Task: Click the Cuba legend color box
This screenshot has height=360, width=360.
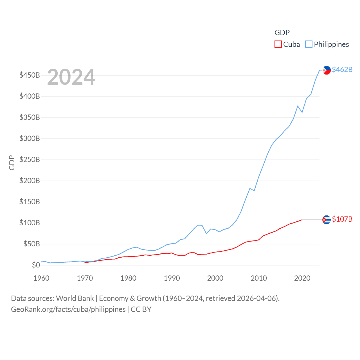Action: click(278, 44)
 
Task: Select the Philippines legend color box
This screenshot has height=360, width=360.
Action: click(309, 44)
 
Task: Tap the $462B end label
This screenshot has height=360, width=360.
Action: click(342, 69)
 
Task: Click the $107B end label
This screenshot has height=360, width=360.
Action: click(342, 219)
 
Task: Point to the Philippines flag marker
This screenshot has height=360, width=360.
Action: click(327, 70)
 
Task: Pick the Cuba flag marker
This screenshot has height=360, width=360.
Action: click(327, 220)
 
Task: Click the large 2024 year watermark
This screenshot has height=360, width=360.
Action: click(71, 77)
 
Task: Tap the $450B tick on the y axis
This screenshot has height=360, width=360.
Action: click(30, 75)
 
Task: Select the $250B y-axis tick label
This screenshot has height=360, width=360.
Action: click(30, 160)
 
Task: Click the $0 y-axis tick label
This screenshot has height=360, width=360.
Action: click(36, 265)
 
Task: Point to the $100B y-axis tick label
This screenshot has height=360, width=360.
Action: click(30, 223)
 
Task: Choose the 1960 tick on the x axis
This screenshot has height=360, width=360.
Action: click(41, 278)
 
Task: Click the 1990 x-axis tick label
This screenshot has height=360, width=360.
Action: click(172, 278)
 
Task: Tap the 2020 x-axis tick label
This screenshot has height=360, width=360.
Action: click(302, 278)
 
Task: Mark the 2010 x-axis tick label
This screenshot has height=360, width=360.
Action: click(259, 278)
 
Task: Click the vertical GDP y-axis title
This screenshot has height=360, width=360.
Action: click(12, 163)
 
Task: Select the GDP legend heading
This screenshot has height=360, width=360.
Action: click(282, 33)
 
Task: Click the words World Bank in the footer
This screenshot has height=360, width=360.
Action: click(75, 298)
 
